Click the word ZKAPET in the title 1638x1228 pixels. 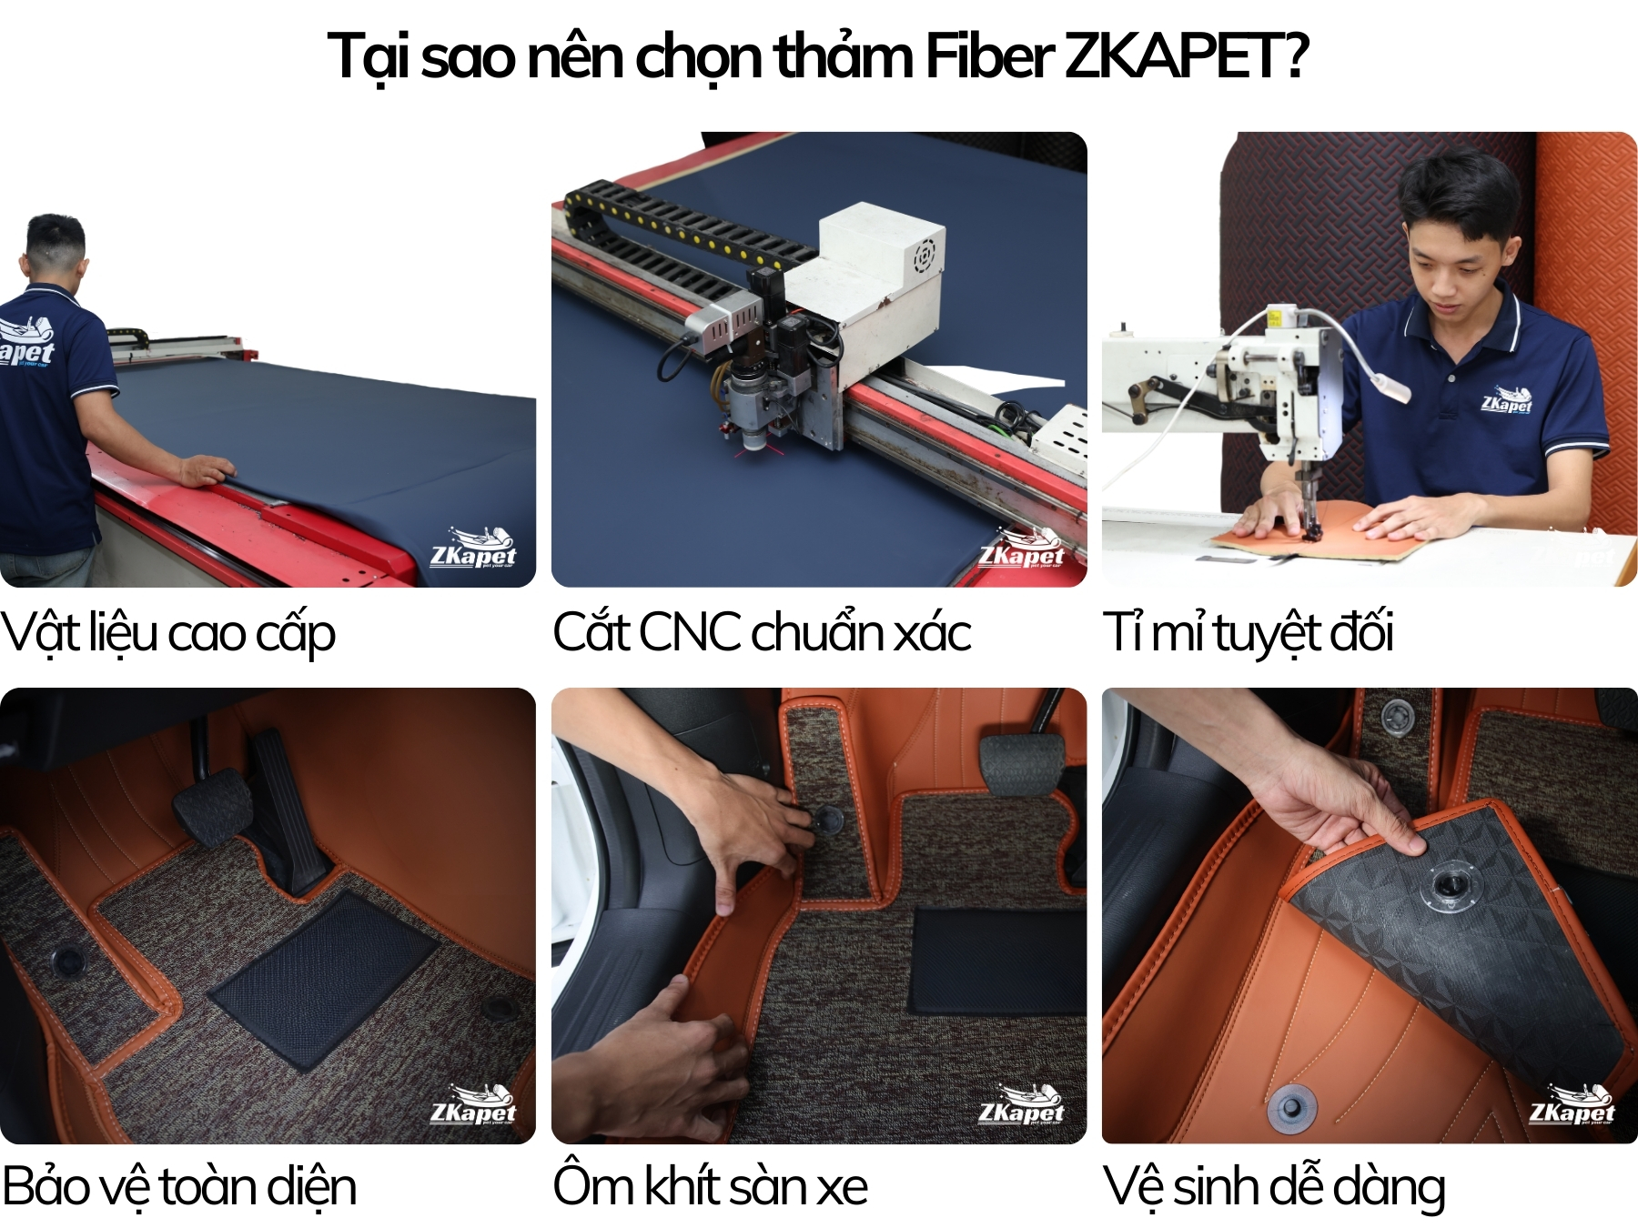tap(1183, 56)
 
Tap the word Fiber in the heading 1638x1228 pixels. tap(987, 56)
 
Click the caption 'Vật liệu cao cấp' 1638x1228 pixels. tap(168, 633)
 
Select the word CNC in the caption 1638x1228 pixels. tap(689, 631)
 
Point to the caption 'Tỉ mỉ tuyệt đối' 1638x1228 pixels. tap(1248, 633)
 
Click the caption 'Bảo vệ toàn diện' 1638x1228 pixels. tap(179, 1187)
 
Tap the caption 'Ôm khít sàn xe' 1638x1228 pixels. tap(710, 1186)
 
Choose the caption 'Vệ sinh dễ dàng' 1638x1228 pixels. tap(1273, 1187)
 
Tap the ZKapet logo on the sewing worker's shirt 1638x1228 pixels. tap(1506, 399)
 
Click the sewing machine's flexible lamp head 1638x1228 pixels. tap(1389, 386)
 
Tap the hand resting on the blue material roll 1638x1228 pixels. tap(206, 470)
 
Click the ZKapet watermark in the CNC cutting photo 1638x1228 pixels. tap(1021, 549)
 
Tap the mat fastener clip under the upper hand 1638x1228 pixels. tap(828, 820)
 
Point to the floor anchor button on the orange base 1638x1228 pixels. tap(1290, 1104)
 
